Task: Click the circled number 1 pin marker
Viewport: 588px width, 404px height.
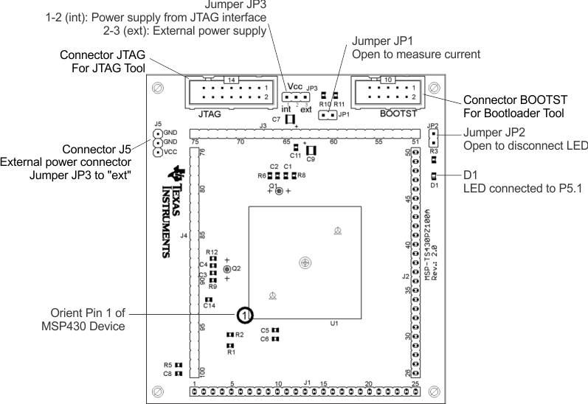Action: tap(245, 316)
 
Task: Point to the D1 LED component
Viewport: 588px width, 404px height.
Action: tap(434, 175)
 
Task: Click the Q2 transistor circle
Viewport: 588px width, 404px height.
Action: tap(226, 270)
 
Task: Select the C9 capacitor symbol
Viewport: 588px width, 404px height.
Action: tap(310, 151)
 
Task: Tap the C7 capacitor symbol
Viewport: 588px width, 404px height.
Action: tap(290, 119)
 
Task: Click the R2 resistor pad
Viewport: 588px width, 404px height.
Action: tap(229, 335)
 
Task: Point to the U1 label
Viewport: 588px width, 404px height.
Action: tap(334, 324)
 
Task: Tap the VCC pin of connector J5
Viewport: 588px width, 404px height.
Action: tap(157, 153)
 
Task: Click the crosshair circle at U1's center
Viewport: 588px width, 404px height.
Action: tap(305, 262)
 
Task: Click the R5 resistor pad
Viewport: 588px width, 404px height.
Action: tap(179, 364)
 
